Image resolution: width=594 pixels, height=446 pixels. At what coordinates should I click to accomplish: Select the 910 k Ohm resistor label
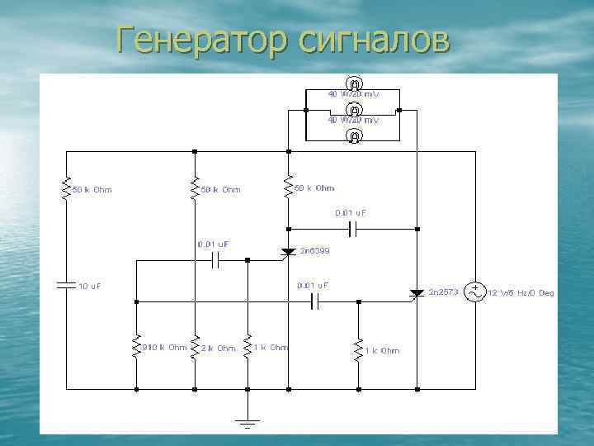[165, 348]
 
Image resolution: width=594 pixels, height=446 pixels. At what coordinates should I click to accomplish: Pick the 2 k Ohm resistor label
[219, 349]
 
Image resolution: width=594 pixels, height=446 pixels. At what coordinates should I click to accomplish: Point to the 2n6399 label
[314, 249]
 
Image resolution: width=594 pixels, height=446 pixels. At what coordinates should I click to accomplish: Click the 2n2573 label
[444, 292]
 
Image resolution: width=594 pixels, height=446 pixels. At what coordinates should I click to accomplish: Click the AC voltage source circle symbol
[476, 292]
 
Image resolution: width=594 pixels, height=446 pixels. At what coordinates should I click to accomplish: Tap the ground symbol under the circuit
[247, 424]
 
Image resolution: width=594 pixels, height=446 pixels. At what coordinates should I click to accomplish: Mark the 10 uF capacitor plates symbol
[66, 285]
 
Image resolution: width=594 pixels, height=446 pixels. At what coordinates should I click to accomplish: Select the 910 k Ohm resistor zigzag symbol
[136, 347]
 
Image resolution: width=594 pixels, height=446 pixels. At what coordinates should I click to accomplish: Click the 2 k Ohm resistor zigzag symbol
[195, 347]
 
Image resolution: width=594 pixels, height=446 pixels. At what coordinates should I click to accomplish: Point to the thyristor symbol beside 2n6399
[288, 252]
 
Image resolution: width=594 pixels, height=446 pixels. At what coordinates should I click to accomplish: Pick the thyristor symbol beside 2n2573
[417, 292]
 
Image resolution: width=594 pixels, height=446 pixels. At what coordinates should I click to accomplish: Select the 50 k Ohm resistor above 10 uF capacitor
[66, 189]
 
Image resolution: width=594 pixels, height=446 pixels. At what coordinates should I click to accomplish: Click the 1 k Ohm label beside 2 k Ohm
[271, 348]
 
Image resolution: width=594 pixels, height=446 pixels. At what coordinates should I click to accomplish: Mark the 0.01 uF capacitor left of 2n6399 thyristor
[216, 260]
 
